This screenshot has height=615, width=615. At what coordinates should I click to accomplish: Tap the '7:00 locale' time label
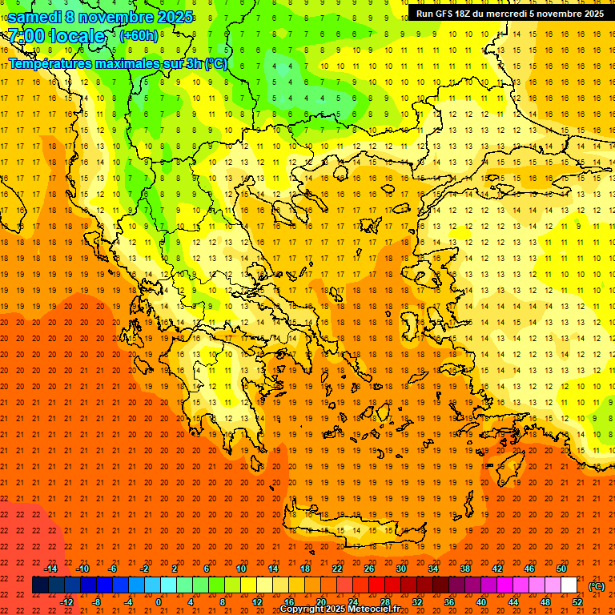click(56, 36)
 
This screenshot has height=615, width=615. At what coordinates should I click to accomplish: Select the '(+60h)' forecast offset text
click(139, 36)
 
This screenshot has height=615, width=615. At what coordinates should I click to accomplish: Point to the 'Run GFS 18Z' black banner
click(510, 14)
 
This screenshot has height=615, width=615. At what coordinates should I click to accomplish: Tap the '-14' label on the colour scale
click(50, 568)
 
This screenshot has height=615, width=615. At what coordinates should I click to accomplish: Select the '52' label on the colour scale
click(577, 602)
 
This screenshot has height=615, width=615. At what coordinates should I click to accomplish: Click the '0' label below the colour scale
click(159, 602)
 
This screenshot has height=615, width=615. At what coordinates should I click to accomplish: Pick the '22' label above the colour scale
click(337, 568)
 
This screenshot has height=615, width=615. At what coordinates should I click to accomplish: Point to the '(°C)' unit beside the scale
click(596, 586)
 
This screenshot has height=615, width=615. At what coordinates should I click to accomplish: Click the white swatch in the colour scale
click(569, 585)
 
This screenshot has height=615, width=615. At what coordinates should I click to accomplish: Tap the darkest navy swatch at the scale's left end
click(40, 585)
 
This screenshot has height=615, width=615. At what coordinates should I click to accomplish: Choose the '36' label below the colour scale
click(448, 602)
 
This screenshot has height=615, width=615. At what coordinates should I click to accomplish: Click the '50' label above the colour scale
click(561, 568)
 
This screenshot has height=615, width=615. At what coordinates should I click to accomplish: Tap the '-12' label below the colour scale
click(66, 602)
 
